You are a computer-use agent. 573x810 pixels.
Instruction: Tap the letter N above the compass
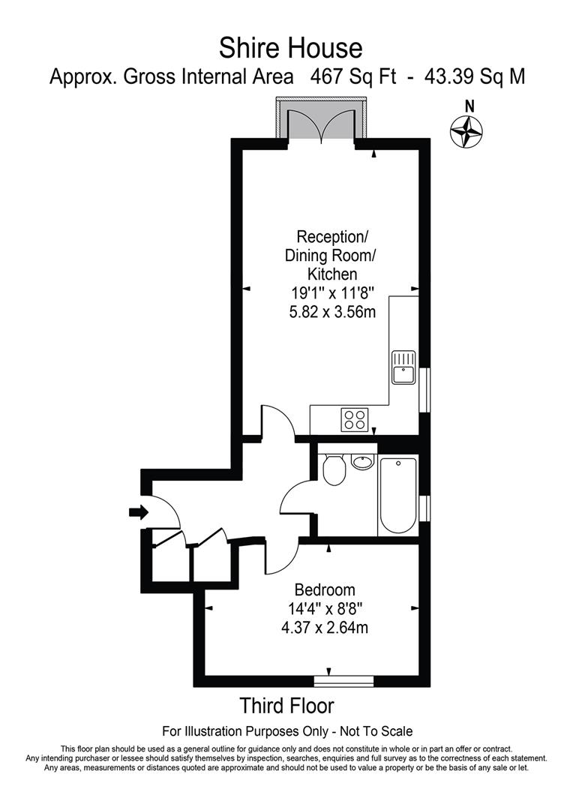469,106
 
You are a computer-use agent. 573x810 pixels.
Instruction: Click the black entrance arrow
138,512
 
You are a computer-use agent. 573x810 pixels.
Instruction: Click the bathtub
397,496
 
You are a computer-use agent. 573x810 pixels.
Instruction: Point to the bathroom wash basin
362,462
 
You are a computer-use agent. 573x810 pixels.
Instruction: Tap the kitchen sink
403,367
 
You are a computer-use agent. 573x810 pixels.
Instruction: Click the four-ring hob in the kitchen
355,419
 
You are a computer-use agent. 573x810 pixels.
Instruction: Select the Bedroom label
325,589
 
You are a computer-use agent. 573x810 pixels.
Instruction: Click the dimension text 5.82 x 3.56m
332,312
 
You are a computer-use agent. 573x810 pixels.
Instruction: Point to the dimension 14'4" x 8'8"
325,608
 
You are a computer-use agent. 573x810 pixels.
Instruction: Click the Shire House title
290,48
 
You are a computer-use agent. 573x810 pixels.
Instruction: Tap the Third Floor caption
287,706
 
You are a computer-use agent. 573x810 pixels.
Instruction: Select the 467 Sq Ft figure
353,77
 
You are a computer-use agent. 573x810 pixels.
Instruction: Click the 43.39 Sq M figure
475,77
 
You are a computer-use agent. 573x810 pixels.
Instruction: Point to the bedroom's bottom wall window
343,682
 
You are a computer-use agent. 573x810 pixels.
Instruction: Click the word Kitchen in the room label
332,274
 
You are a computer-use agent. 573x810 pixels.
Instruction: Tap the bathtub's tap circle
397,463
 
